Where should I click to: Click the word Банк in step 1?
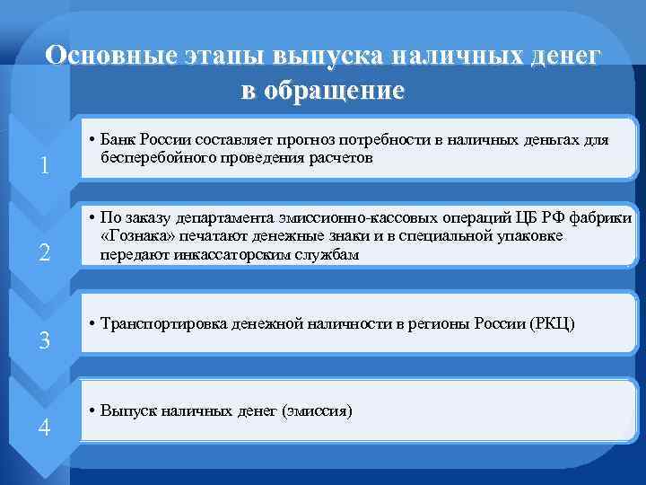[119, 141]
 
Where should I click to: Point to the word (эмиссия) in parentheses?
[316, 410]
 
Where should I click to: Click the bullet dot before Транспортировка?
[93, 322]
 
